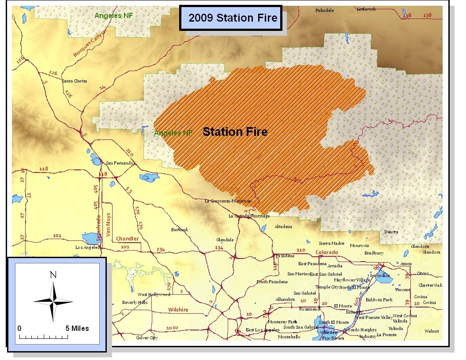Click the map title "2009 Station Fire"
click(x=233, y=18)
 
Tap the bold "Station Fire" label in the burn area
click(x=235, y=131)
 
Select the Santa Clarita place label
click(x=74, y=81)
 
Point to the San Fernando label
click(x=120, y=163)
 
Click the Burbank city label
click(x=180, y=230)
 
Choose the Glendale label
click(x=225, y=240)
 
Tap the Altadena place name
click(x=283, y=227)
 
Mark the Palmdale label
click(x=324, y=10)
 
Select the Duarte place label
click(x=391, y=232)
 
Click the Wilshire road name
click(x=178, y=310)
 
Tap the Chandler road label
click(x=127, y=239)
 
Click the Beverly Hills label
click(x=135, y=303)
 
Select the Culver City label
click(x=147, y=338)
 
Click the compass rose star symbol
click(x=53, y=302)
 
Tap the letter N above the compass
click(x=53, y=275)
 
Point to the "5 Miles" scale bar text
click(x=77, y=328)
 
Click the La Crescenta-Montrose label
click(x=228, y=201)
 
